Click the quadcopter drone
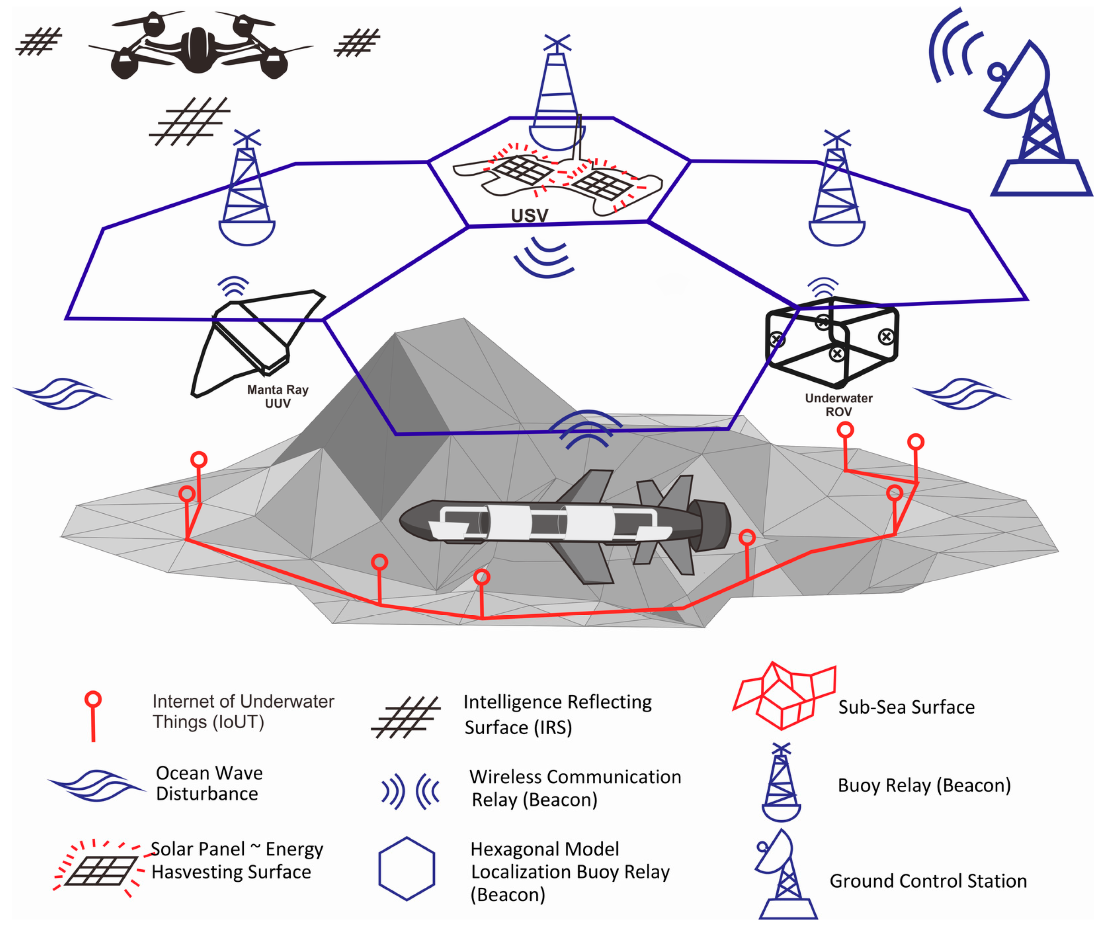pos(200,47)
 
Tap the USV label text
pos(529,215)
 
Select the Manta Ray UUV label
pos(277,396)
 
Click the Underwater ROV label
pos(839,405)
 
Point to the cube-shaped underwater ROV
pos(832,341)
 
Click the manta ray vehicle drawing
pos(252,341)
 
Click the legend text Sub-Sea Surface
pos(906,707)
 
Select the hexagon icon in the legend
pos(406,869)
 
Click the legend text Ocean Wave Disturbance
pos(209,783)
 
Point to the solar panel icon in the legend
pos(100,869)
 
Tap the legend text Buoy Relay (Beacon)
pos(924,785)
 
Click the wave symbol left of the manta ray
pos(63,393)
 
